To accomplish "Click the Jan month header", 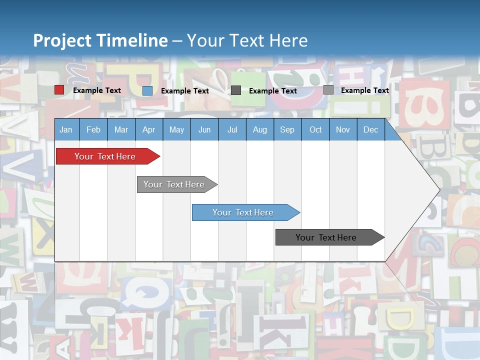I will pyautogui.click(x=66, y=130).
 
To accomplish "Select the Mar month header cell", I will pyautogui.click(x=121, y=130).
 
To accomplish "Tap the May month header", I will pyautogui.click(x=176, y=130).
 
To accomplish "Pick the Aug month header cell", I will pyautogui.click(x=259, y=130).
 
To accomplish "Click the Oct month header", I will pyautogui.click(x=315, y=130).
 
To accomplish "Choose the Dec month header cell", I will pyautogui.click(x=370, y=130).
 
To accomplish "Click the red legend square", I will pyautogui.click(x=59, y=90).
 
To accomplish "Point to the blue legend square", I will pyautogui.click(x=147, y=90).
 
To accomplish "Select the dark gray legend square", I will pyautogui.click(x=236, y=90).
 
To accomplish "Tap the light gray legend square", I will pyautogui.click(x=328, y=90).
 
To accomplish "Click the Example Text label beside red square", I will pyautogui.click(x=97, y=90).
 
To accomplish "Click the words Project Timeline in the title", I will pyautogui.click(x=100, y=40).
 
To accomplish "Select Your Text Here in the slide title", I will pyautogui.click(x=247, y=40).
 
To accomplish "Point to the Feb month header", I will pyautogui.click(x=93, y=130).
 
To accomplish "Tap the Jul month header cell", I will pyautogui.click(x=232, y=130).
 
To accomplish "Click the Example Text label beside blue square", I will pyautogui.click(x=185, y=91).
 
